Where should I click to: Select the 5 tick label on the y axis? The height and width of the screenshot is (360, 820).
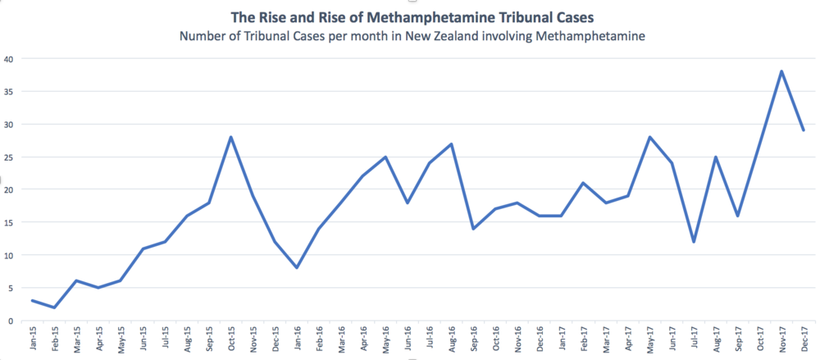click(x=9, y=288)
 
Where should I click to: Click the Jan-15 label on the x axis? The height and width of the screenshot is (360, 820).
click(x=33, y=339)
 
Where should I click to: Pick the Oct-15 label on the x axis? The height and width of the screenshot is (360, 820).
click(x=231, y=339)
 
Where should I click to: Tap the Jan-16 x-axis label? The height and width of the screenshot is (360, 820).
click(x=298, y=339)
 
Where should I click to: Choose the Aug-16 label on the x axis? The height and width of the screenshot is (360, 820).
click(x=452, y=339)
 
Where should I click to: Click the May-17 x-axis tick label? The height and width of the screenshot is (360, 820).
click(x=650, y=339)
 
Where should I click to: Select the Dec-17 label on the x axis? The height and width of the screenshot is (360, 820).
click(x=804, y=339)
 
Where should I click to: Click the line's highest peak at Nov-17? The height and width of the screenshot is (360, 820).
click(x=782, y=71)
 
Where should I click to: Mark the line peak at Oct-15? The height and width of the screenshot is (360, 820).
click(x=231, y=137)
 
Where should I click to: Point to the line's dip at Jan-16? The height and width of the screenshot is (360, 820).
click(x=298, y=267)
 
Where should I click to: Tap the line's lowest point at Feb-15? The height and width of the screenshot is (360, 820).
click(x=55, y=308)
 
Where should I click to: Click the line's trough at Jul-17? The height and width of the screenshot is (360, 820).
click(x=695, y=242)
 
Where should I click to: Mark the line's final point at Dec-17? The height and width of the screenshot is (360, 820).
click(x=804, y=130)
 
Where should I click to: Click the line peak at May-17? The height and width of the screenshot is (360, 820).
click(x=650, y=137)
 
